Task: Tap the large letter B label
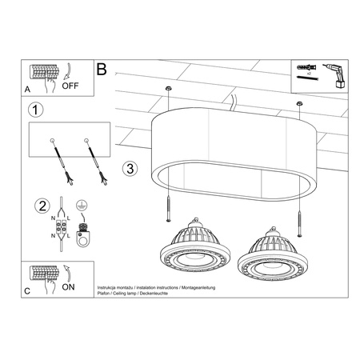point(102,70)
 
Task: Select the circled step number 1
point(34,109)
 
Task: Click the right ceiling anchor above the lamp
point(299,103)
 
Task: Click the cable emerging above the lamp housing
point(232,102)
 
